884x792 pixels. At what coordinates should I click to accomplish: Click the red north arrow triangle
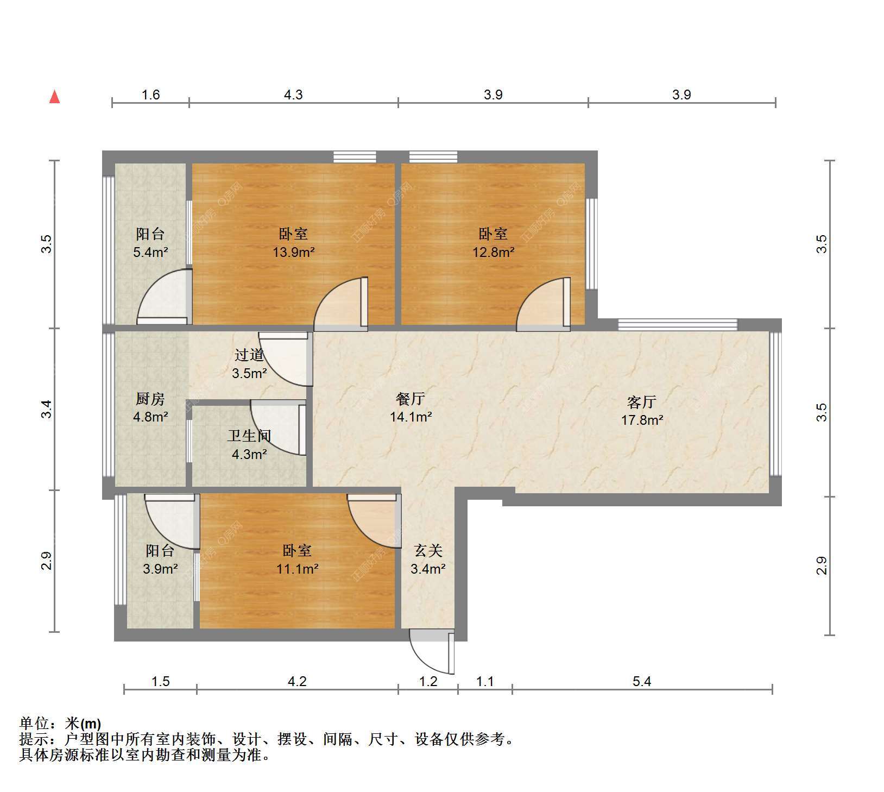pyautogui.click(x=54, y=97)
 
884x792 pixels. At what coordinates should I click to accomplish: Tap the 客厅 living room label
pyautogui.click(x=642, y=402)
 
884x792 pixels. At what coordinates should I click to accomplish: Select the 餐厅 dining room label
pyautogui.click(x=411, y=399)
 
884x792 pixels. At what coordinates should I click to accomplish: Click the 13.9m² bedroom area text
pyautogui.click(x=294, y=252)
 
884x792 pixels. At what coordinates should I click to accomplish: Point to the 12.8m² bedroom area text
pyautogui.click(x=493, y=252)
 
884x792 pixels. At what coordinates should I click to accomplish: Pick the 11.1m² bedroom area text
pyautogui.click(x=297, y=569)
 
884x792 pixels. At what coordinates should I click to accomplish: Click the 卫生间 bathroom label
pyautogui.click(x=249, y=436)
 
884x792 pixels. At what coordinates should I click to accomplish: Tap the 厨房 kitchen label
pyautogui.click(x=150, y=399)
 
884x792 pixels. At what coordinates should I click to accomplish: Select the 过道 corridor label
pyautogui.click(x=249, y=355)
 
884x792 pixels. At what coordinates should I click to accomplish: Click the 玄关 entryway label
pyautogui.click(x=428, y=551)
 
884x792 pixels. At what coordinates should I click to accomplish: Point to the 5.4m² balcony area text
pyautogui.click(x=150, y=252)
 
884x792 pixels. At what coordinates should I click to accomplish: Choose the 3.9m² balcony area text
pyautogui.click(x=160, y=569)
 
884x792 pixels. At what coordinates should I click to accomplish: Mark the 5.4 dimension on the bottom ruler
pyautogui.click(x=642, y=681)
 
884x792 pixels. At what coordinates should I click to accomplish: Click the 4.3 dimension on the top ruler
pyautogui.click(x=293, y=95)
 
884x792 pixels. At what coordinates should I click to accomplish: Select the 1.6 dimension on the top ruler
pyautogui.click(x=150, y=95)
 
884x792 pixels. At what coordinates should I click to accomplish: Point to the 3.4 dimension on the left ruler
pyautogui.click(x=47, y=408)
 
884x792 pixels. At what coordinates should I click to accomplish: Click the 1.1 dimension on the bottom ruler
pyautogui.click(x=485, y=681)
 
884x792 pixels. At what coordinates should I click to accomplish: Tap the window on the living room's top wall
pyautogui.click(x=678, y=325)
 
